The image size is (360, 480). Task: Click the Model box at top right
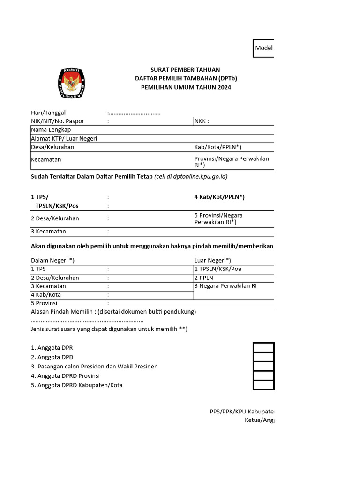click(263, 48)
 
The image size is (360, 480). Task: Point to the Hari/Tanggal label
click(48, 112)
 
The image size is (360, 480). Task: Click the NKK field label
click(202, 121)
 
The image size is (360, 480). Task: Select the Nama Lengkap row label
click(51, 130)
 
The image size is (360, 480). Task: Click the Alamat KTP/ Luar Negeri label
click(64, 139)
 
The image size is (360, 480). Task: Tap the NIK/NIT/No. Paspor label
click(58, 121)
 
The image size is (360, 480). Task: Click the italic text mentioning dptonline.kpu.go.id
click(191, 177)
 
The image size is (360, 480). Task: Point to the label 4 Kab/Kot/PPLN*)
click(219, 197)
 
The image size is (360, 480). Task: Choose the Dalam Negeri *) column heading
click(52, 260)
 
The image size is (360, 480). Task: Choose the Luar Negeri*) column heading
click(212, 260)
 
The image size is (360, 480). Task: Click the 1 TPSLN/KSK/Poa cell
click(220, 269)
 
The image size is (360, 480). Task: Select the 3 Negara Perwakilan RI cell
click(225, 286)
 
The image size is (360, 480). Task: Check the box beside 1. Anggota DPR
click(263, 347)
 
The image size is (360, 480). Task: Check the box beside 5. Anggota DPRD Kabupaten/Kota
click(263, 385)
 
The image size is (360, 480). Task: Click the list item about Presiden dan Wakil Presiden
click(94, 367)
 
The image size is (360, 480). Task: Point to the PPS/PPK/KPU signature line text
click(241, 412)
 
